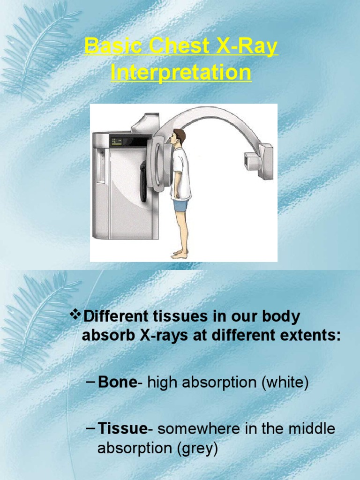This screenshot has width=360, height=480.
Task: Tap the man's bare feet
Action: pyautogui.click(x=180, y=255)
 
